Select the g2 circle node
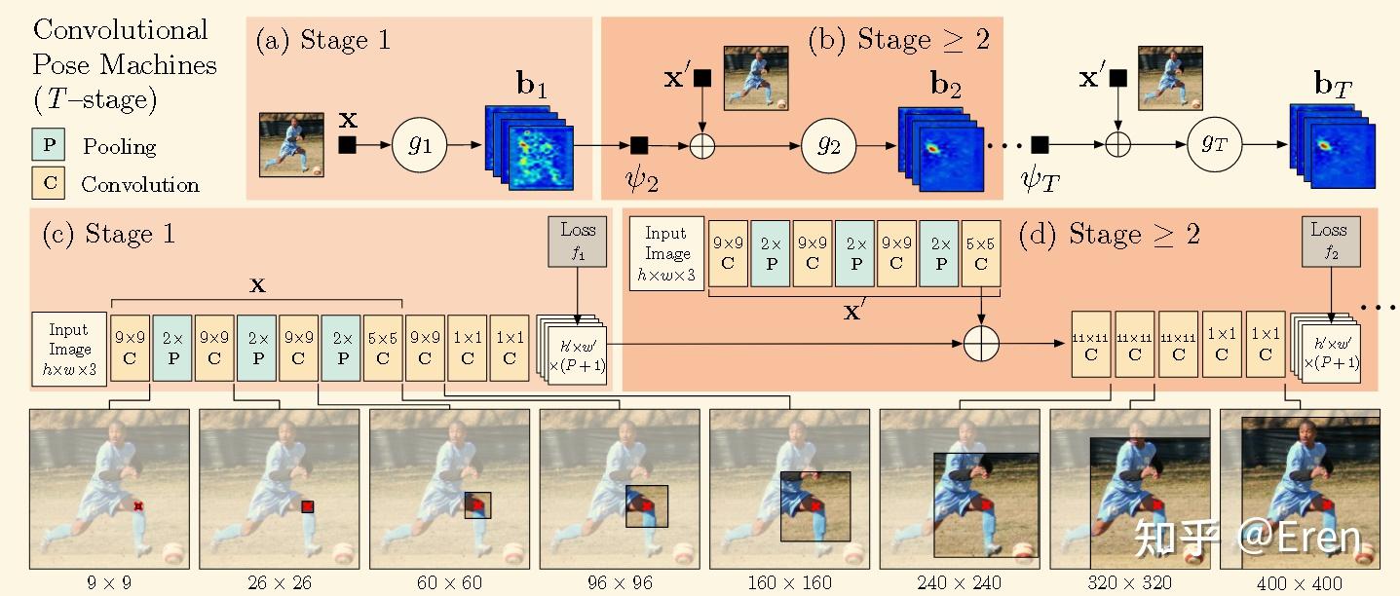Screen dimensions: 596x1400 pos(827,146)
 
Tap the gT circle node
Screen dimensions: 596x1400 pos(1215,146)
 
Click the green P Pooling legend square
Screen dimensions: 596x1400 pos(50,146)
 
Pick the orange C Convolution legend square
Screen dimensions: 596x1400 pos(50,184)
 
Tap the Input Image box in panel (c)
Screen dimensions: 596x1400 pos(69,349)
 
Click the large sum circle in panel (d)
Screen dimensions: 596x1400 pos(982,344)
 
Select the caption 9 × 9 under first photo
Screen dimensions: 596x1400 pos(108,583)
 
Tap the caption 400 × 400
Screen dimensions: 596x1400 pos(1300,583)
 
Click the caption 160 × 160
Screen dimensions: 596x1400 pos(789,583)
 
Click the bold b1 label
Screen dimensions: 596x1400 pos(531,87)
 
